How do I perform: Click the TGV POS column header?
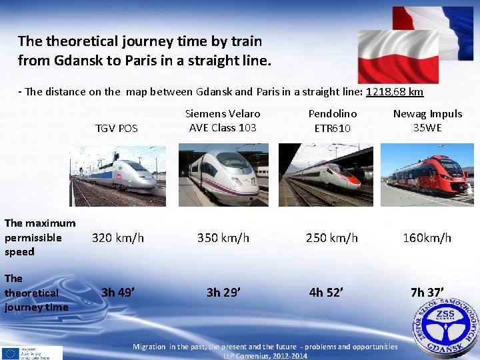(x=116, y=128)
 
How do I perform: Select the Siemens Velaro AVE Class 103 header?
(x=223, y=121)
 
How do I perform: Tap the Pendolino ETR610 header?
(x=332, y=121)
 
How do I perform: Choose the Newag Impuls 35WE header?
(x=427, y=121)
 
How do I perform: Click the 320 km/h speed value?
(x=118, y=237)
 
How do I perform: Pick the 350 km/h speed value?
(x=223, y=237)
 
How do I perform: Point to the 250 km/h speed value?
(x=332, y=237)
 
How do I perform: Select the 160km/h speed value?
(x=427, y=237)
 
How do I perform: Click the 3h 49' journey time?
(x=116, y=291)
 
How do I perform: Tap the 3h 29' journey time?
(x=223, y=291)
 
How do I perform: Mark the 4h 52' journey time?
(x=327, y=291)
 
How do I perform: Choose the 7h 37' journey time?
(x=427, y=291)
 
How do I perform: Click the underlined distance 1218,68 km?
(x=395, y=91)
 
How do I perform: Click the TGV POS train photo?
(x=117, y=175)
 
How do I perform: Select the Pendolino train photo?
(x=326, y=175)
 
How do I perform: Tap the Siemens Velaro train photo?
(x=223, y=175)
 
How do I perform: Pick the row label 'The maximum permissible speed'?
(x=40, y=237)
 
